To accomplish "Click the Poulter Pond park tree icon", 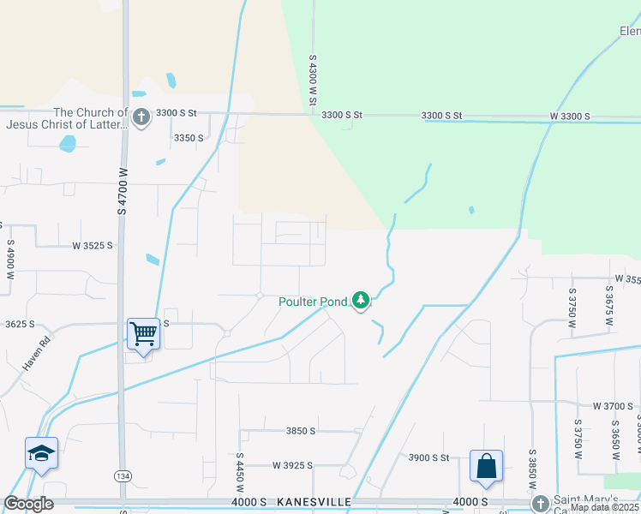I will click(x=362, y=300).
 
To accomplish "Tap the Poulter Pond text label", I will click(x=313, y=301).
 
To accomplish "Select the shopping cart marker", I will click(x=143, y=333).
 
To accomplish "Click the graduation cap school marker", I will click(x=41, y=454).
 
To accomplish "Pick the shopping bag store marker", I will click(x=486, y=467).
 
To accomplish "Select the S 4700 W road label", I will click(x=123, y=190).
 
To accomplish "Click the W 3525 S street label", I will click(x=93, y=246).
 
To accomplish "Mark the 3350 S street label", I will click(x=189, y=137).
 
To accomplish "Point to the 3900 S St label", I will click(x=428, y=457).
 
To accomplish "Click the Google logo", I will click(x=28, y=504).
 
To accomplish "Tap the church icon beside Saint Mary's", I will click(x=539, y=503).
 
